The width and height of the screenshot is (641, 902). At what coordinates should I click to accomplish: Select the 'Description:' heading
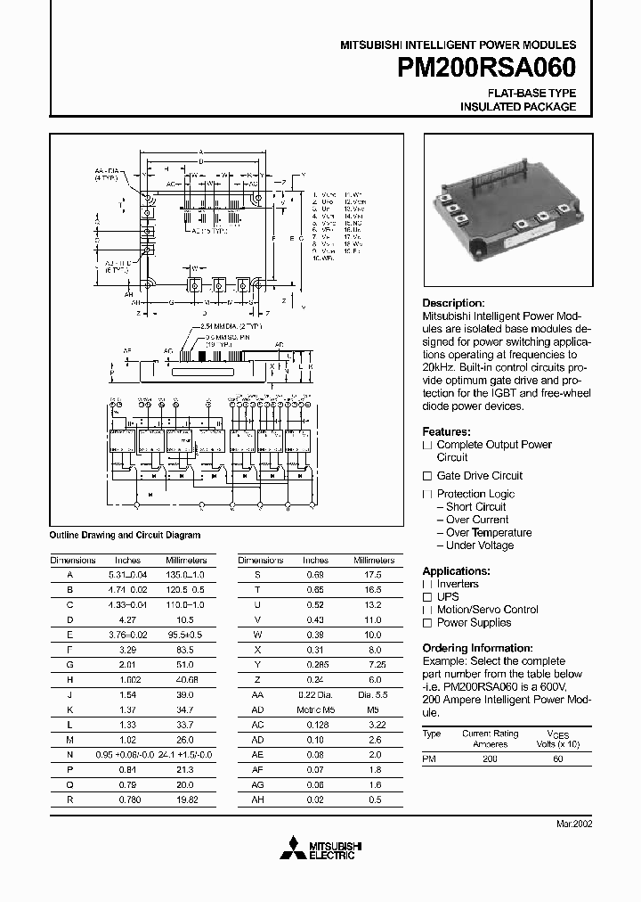coord(453,303)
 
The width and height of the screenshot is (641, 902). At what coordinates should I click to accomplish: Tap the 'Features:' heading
coord(446,430)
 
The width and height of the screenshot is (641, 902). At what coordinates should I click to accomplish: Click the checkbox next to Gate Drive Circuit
coord(427,476)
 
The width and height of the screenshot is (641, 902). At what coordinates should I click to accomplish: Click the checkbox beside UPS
coord(427,597)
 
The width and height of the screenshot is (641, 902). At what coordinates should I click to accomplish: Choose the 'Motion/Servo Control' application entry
coord(487,610)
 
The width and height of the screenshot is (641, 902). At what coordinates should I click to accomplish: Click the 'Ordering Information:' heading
coord(477,648)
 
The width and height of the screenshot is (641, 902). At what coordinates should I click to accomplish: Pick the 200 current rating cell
coord(491,758)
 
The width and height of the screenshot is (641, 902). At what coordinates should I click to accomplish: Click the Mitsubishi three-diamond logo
coord(295,848)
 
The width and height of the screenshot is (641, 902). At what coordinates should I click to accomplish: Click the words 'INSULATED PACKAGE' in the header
coord(517,107)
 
